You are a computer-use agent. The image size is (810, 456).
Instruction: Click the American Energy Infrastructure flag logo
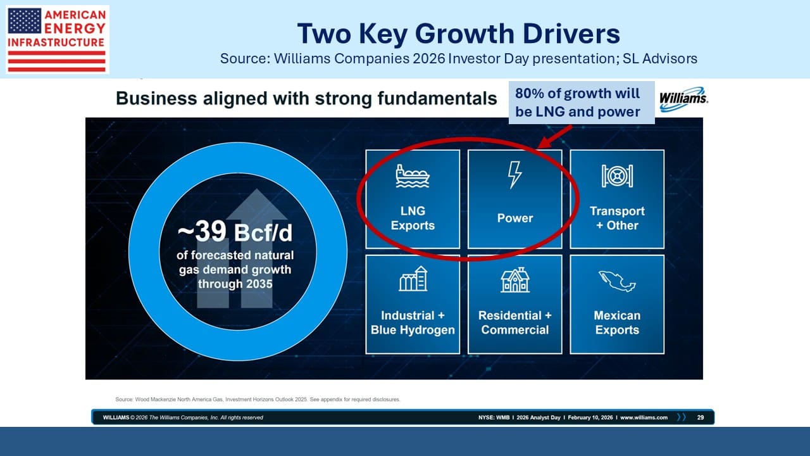click(57, 39)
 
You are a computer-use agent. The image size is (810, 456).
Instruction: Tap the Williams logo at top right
click(683, 99)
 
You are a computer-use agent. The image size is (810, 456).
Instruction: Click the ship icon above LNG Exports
click(413, 176)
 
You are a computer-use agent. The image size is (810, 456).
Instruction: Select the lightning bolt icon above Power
click(515, 175)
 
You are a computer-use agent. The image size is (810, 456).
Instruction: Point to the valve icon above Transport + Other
click(617, 176)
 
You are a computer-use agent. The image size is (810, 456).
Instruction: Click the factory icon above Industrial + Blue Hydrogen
click(413, 279)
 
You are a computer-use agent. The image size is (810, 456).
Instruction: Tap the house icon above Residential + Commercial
click(515, 280)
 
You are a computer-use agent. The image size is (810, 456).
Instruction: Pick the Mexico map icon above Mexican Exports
click(617, 281)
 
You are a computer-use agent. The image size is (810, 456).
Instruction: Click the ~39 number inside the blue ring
click(202, 231)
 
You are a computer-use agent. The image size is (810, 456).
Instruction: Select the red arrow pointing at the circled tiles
click(555, 137)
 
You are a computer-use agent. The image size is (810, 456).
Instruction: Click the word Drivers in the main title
click(571, 34)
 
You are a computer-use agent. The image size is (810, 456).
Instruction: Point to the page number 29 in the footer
click(701, 417)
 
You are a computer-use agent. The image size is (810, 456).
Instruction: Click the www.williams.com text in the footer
click(644, 417)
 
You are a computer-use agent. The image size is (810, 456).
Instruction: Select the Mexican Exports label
click(617, 322)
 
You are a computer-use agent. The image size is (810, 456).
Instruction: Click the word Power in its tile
click(515, 218)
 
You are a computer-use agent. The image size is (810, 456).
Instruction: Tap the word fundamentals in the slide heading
click(437, 98)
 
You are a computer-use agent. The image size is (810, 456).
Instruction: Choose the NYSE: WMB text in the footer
click(494, 417)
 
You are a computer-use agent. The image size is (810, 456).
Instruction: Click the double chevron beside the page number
click(682, 417)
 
